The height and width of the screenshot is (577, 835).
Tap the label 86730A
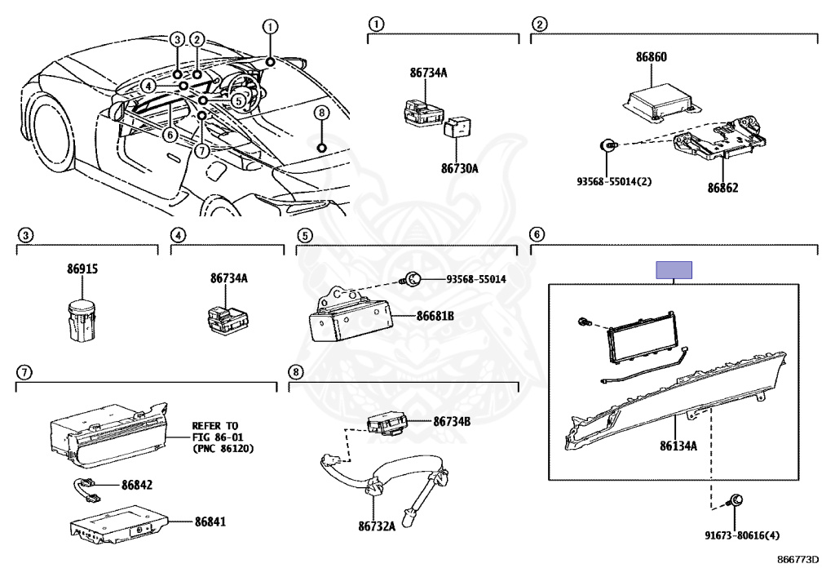click(459, 169)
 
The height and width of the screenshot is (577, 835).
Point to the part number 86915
click(82, 269)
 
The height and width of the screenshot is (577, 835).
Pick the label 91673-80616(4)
click(741, 535)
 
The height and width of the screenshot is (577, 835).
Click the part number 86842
click(137, 485)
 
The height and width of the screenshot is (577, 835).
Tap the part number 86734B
click(452, 421)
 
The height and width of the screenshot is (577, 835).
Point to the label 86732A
click(378, 526)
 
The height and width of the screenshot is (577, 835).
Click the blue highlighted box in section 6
click(674, 270)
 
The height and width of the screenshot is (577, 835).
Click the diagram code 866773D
click(797, 561)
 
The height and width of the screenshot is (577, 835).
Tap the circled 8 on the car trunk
click(321, 113)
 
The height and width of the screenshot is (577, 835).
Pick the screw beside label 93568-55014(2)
click(607, 145)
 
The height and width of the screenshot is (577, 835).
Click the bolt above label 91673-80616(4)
click(735, 500)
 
